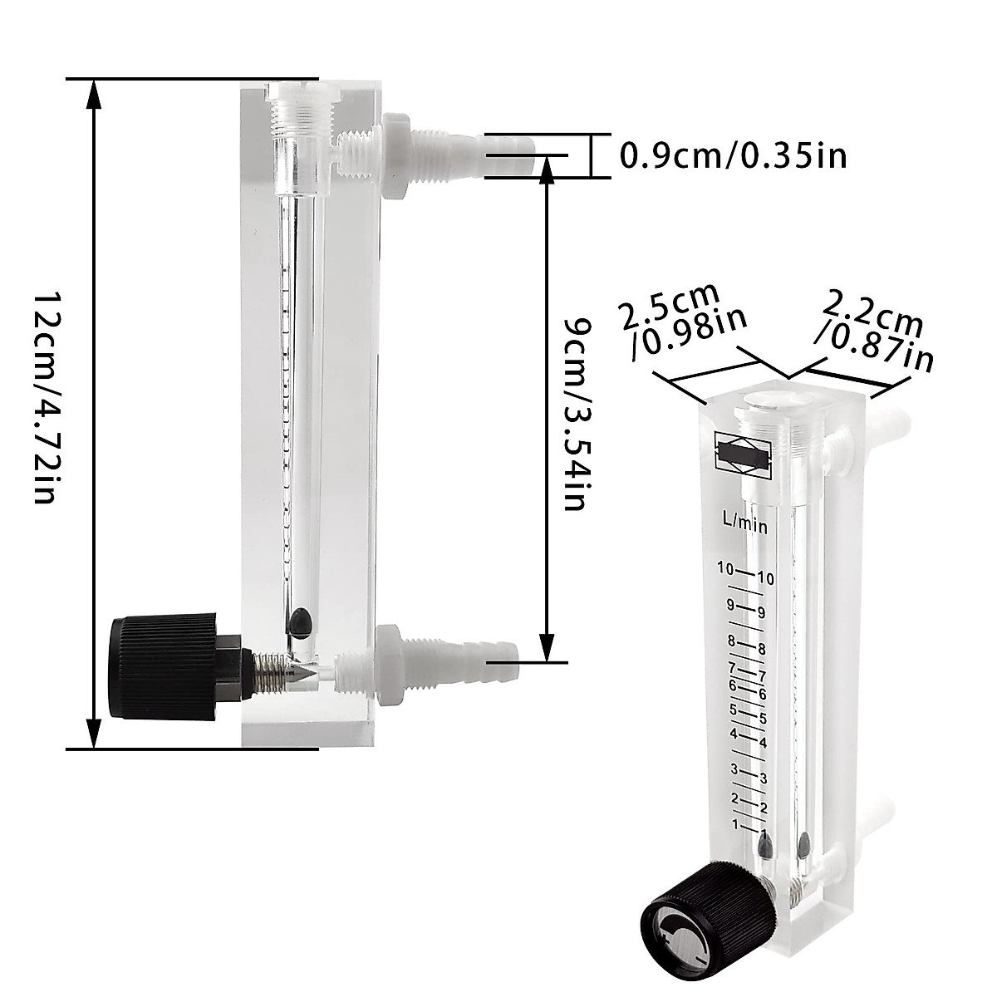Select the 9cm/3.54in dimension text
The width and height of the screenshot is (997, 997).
(576, 413)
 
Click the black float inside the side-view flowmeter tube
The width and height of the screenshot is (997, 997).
(300, 620)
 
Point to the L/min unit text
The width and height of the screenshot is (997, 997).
(744, 523)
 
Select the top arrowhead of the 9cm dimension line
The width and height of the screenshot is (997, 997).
(547, 169)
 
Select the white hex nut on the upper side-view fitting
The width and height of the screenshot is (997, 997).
(394, 156)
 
